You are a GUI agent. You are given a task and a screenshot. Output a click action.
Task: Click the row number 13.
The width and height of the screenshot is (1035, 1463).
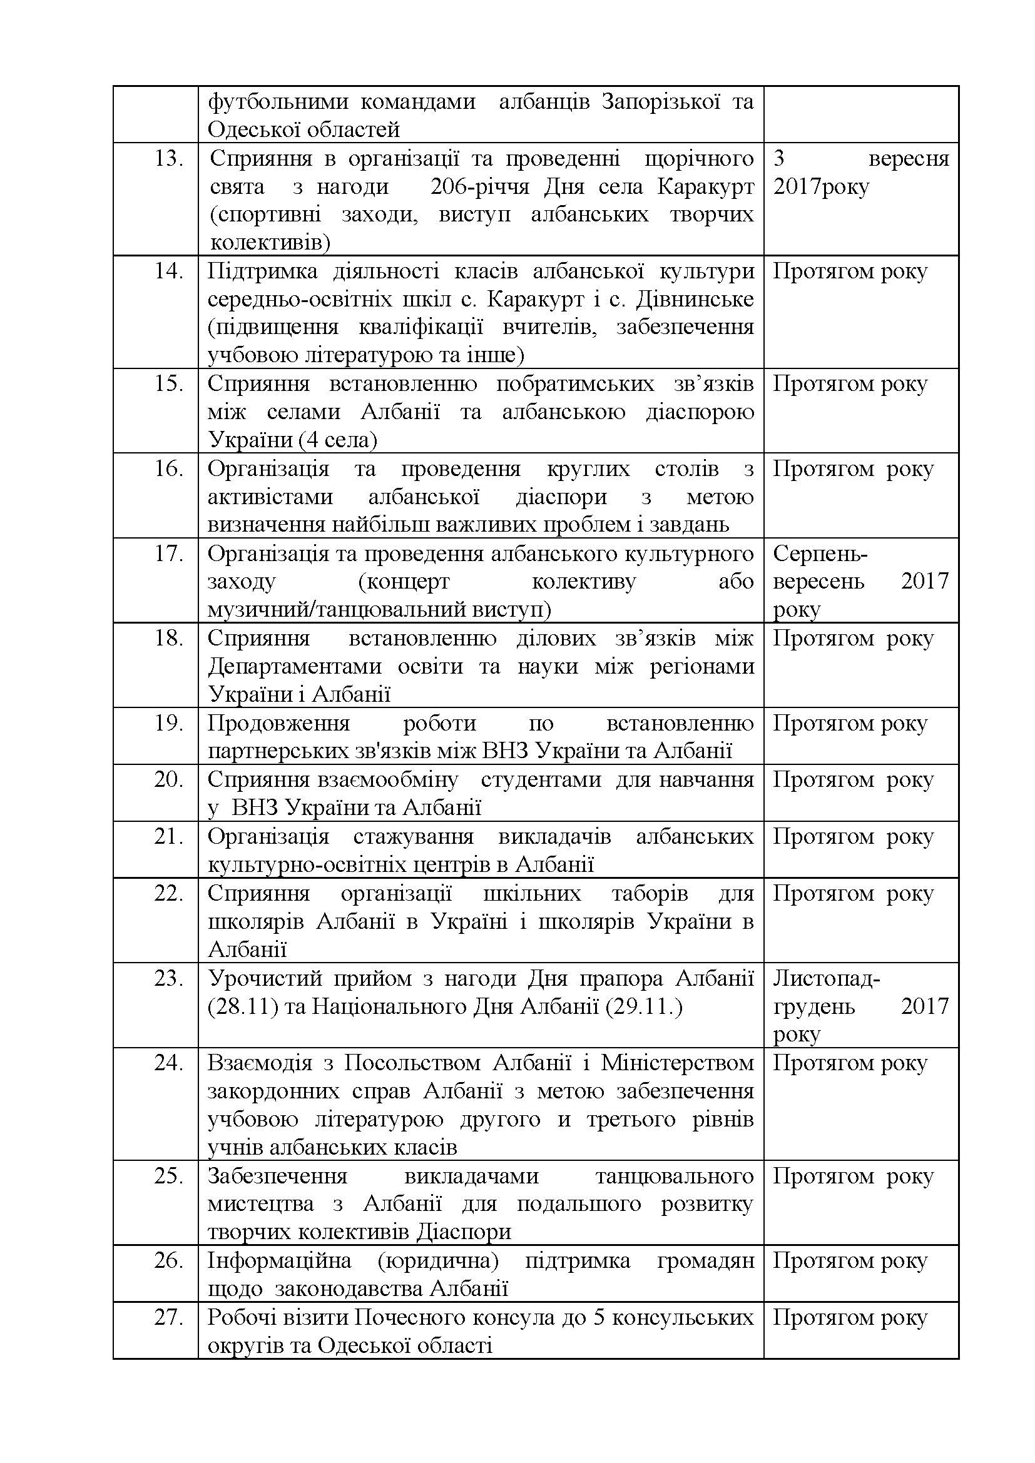pos(169,159)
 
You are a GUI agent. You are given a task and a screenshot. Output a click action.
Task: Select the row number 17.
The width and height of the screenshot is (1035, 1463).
pos(169,554)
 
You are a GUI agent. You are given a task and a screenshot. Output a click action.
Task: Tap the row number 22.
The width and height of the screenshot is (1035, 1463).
pos(169,893)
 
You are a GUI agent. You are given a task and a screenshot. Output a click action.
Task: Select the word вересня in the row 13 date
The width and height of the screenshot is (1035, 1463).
pos(908,159)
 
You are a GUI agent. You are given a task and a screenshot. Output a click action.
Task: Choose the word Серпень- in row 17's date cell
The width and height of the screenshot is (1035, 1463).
pos(820,554)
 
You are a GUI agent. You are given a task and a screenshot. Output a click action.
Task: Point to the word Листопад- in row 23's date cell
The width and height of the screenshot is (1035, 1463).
pos(827,978)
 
